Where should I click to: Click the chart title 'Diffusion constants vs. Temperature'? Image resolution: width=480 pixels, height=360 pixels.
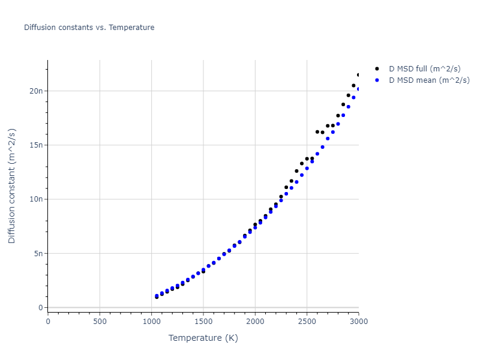pos(89,28)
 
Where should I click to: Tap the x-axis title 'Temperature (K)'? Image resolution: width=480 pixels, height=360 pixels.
pos(203,338)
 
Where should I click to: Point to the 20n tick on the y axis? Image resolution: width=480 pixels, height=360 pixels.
pos(37,91)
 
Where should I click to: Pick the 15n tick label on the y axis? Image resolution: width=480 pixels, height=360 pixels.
pos(37,145)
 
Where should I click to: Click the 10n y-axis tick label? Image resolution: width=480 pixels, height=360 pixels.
pos(37,199)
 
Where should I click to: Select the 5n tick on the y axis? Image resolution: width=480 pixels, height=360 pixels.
pos(39,253)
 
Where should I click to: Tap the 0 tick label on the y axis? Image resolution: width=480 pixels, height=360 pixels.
pos(41,307)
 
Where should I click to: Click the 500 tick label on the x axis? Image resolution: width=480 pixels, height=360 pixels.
pos(100,320)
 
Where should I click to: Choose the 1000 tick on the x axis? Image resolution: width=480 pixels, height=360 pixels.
pos(151,320)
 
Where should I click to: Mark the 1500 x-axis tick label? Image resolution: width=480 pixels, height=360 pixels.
pos(203,320)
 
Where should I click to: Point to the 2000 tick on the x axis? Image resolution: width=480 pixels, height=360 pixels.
pos(255,320)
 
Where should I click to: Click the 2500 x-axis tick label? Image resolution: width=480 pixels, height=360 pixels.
pos(307,320)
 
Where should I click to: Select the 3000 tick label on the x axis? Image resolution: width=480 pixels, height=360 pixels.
pos(358,320)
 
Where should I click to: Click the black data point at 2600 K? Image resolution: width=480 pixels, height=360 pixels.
pos(317,131)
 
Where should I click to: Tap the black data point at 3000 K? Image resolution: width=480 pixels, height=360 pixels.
pos(359,75)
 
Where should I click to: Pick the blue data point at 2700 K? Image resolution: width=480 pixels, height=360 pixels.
pos(328,138)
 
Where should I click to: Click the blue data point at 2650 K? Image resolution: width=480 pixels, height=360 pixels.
pos(322,146)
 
